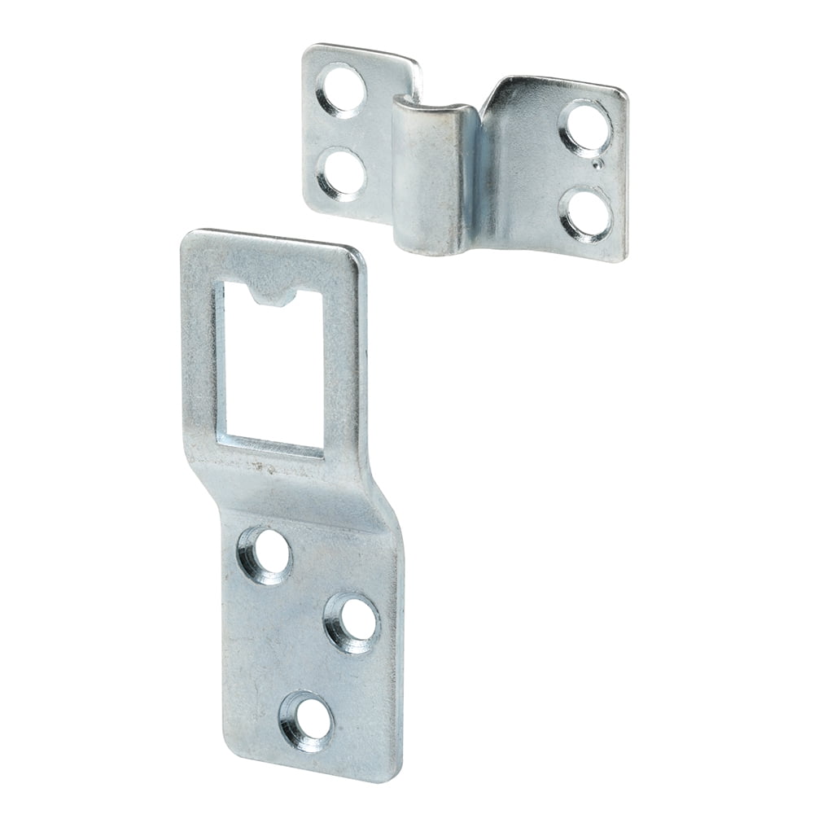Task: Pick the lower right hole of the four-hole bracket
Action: pyautogui.click(x=586, y=211)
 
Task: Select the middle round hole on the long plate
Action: pyautogui.click(x=352, y=623)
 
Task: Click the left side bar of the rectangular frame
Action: pyautogui.click(x=199, y=358)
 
